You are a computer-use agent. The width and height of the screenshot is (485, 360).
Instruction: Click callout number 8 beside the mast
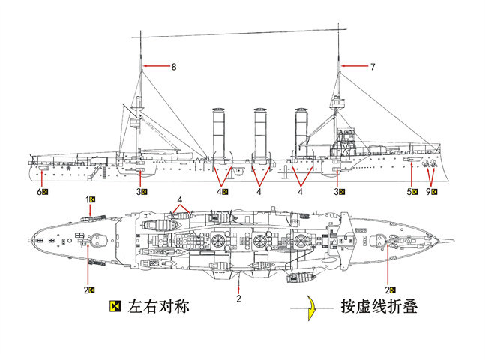174,67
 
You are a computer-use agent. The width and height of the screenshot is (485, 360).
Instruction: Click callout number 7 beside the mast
373,67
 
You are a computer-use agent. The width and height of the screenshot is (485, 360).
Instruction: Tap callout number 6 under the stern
39,192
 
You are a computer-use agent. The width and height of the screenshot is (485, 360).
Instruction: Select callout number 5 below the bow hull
409,192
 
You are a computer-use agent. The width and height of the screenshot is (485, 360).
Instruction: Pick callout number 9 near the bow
428,192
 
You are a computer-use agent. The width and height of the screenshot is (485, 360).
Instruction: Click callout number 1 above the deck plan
87,199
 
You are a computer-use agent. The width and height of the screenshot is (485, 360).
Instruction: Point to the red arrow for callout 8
157,66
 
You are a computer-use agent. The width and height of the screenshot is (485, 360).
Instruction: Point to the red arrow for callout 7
355,66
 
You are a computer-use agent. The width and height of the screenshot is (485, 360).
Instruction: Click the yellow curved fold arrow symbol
312,307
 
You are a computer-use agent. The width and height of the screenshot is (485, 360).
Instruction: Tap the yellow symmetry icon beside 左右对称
115,306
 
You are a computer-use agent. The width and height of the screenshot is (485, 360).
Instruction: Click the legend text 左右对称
158,307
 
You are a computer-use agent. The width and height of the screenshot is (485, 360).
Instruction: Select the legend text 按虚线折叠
379,307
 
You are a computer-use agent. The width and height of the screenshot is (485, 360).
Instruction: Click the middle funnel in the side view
260,133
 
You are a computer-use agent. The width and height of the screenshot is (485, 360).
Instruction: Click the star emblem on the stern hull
67,169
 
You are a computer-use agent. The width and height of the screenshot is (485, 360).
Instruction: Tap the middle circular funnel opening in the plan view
259,240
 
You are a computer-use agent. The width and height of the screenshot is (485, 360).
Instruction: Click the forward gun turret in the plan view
378,241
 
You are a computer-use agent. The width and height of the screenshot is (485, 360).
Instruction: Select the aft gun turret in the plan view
98,240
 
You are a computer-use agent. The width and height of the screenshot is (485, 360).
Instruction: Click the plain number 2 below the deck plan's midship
238,298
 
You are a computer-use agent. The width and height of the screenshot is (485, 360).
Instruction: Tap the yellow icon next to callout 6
45,192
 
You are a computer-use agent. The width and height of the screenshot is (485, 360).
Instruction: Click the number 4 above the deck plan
180,199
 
